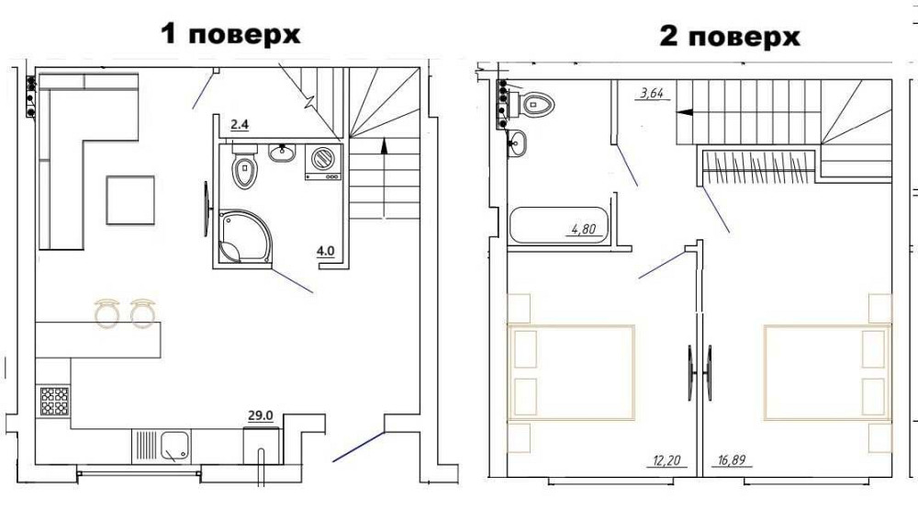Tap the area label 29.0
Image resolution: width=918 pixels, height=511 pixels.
coord(261,415)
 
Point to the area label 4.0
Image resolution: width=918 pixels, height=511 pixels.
coord(326,248)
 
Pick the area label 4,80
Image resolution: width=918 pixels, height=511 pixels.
coord(583,230)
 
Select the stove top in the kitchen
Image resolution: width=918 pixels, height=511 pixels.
coord(53,403)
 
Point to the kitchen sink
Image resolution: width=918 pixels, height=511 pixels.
coord(174,448)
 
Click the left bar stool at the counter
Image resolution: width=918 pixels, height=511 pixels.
coord(108,312)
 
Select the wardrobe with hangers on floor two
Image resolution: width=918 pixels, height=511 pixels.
coord(758,166)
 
